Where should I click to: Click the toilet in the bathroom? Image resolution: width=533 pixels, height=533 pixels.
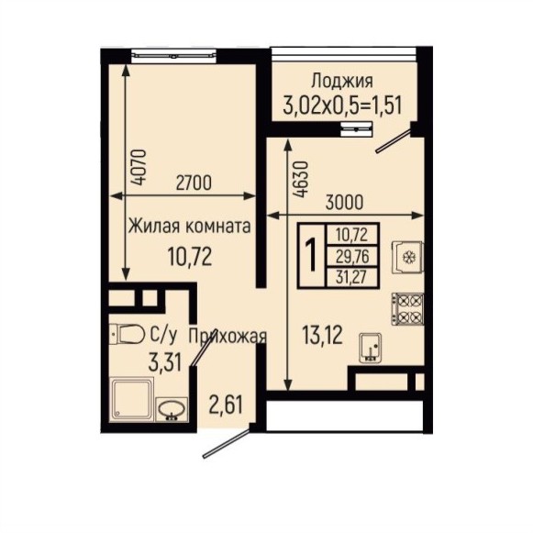(x=127, y=334)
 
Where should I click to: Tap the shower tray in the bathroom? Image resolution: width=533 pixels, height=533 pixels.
(x=132, y=400)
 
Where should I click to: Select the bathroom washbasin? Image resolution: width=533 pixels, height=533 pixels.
(x=172, y=409)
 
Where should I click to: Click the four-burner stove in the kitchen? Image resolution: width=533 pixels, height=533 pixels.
(x=408, y=309)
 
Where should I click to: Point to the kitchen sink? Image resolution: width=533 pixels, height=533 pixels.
(x=371, y=348)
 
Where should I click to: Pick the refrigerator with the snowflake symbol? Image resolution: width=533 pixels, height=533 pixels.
(x=408, y=257)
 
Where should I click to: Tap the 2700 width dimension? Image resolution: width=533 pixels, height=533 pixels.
(x=194, y=183)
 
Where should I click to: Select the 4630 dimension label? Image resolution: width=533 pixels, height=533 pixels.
(x=302, y=179)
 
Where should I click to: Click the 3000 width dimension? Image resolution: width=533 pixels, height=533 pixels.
(x=344, y=202)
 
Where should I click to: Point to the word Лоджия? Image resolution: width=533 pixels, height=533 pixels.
(x=342, y=81)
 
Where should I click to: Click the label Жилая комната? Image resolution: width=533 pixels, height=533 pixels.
(x=189, y=226)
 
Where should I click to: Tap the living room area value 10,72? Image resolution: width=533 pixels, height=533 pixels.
(x=190, y=257)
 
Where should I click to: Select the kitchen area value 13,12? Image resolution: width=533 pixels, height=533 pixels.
(x=322, y=335)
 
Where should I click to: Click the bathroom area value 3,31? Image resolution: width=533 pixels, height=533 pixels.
(x=164, y=362)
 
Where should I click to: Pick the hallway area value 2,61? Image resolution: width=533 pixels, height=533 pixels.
(x=226, y=405)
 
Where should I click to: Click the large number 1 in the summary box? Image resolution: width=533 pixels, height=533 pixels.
(x=311, y=256)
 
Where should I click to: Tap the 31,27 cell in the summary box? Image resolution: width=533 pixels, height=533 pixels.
(x=351, y=278)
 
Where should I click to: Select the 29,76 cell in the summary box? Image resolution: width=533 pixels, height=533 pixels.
(x=352, y=256)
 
